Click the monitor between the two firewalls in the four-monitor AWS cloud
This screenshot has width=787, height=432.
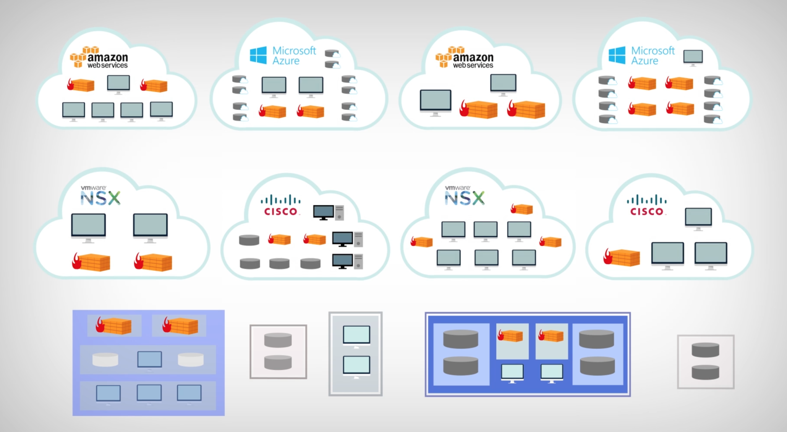[x=118, y=84]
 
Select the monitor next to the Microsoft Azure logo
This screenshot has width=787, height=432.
[x=693, y=57]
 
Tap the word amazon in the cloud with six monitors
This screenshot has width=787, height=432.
[x=108, y=57]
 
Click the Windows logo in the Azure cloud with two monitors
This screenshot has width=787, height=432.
[x=258, y=55]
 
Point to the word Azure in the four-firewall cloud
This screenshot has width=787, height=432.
[x=644, y=61]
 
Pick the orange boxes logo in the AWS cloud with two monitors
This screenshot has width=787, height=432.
[x=444, y=56]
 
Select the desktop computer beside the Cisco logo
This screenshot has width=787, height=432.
[x=328, y=212]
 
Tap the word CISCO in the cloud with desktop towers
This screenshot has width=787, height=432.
[x=281, y=211]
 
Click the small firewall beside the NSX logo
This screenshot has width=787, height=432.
[x=522, y=209]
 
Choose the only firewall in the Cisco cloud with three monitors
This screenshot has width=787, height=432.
[x=622, y=257]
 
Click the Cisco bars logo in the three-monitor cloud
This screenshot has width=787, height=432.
[x=646, y=200]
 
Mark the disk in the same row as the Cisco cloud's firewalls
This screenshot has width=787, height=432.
[x=249, y=240]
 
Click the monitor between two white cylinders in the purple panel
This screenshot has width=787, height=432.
[x=149, y=359]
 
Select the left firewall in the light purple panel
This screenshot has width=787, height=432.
[x=114, y=326]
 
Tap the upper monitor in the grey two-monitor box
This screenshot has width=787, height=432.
[x=356, y=335]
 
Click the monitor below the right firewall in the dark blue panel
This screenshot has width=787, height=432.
[x=552, y=372]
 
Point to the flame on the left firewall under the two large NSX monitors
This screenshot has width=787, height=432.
[x=77, y=261]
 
